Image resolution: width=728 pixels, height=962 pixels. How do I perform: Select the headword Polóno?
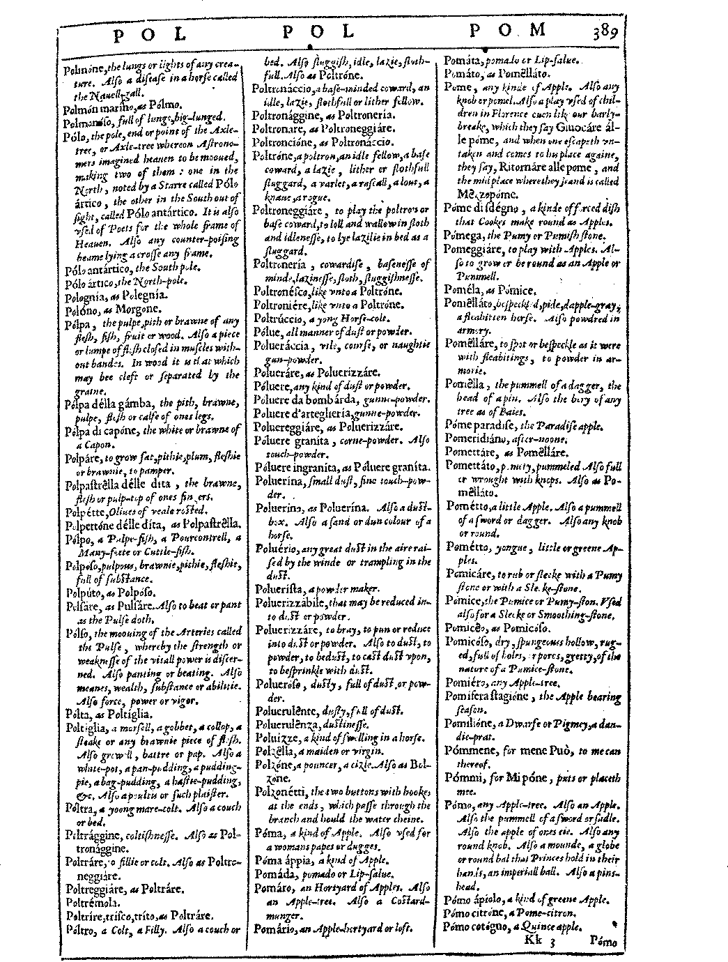click(x=80, y=307)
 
